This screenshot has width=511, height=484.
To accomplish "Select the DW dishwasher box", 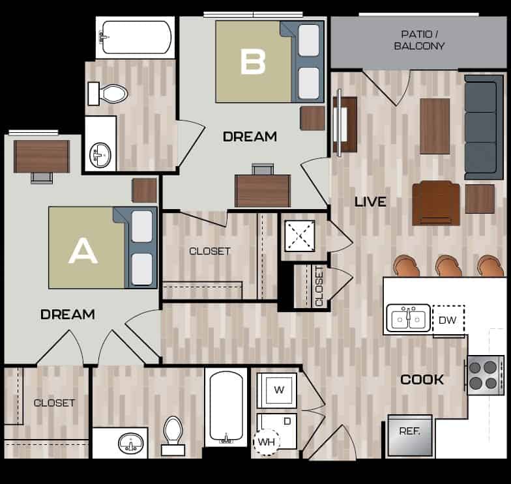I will coord(447,319).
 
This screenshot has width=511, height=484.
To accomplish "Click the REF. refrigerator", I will coord(409,434).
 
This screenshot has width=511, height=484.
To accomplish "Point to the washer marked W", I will coord(278,390).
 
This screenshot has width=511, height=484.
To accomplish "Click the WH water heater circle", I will coord(266,441).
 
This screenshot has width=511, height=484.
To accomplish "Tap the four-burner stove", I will coord(485,375).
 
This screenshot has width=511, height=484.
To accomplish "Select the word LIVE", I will coord(370,202).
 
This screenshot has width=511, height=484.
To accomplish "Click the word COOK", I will coord(422,379).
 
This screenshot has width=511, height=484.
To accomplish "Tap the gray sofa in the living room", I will coord(484,127).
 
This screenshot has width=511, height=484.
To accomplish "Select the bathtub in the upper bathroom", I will coord(136,36).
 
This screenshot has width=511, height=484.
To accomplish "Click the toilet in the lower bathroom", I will coord(173,435).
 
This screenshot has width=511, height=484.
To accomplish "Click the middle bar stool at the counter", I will coord(448,266).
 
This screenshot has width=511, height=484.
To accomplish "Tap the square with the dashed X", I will coord(302,235).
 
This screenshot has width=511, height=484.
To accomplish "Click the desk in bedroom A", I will coord(42,156).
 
